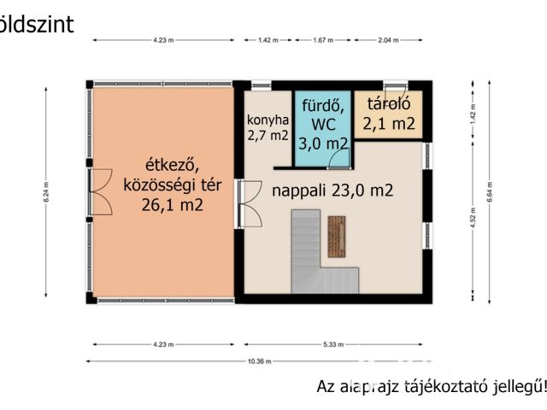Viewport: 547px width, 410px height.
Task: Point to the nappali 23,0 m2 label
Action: [332, 191]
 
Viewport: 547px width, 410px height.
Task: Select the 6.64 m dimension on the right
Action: [490, 190]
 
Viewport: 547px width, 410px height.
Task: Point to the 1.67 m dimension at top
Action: [322, 40]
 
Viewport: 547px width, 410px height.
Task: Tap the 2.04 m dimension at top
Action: [388, 40]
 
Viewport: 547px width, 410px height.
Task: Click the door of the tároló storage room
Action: [395, 90]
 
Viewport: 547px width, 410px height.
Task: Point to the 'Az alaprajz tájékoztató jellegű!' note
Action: [431, 386]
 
